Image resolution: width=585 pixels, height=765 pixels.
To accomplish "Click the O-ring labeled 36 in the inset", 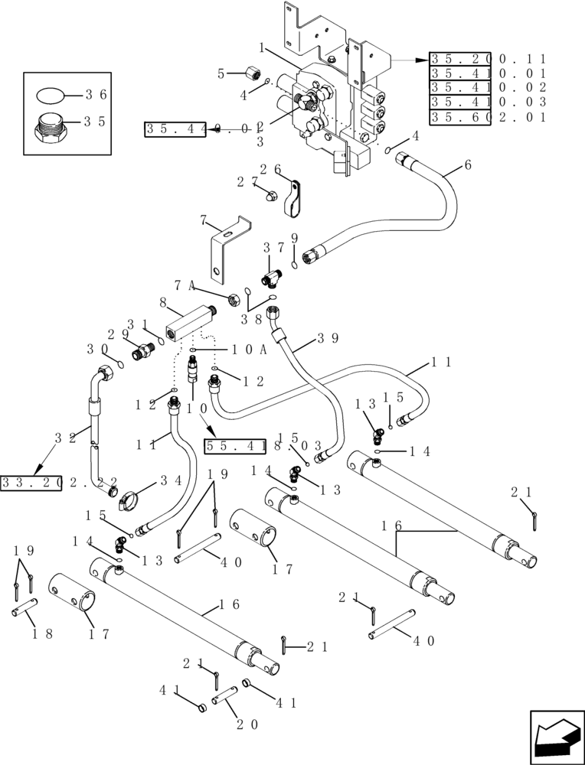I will coord(51,96).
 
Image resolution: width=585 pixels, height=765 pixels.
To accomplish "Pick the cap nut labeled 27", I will coord(269,196).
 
